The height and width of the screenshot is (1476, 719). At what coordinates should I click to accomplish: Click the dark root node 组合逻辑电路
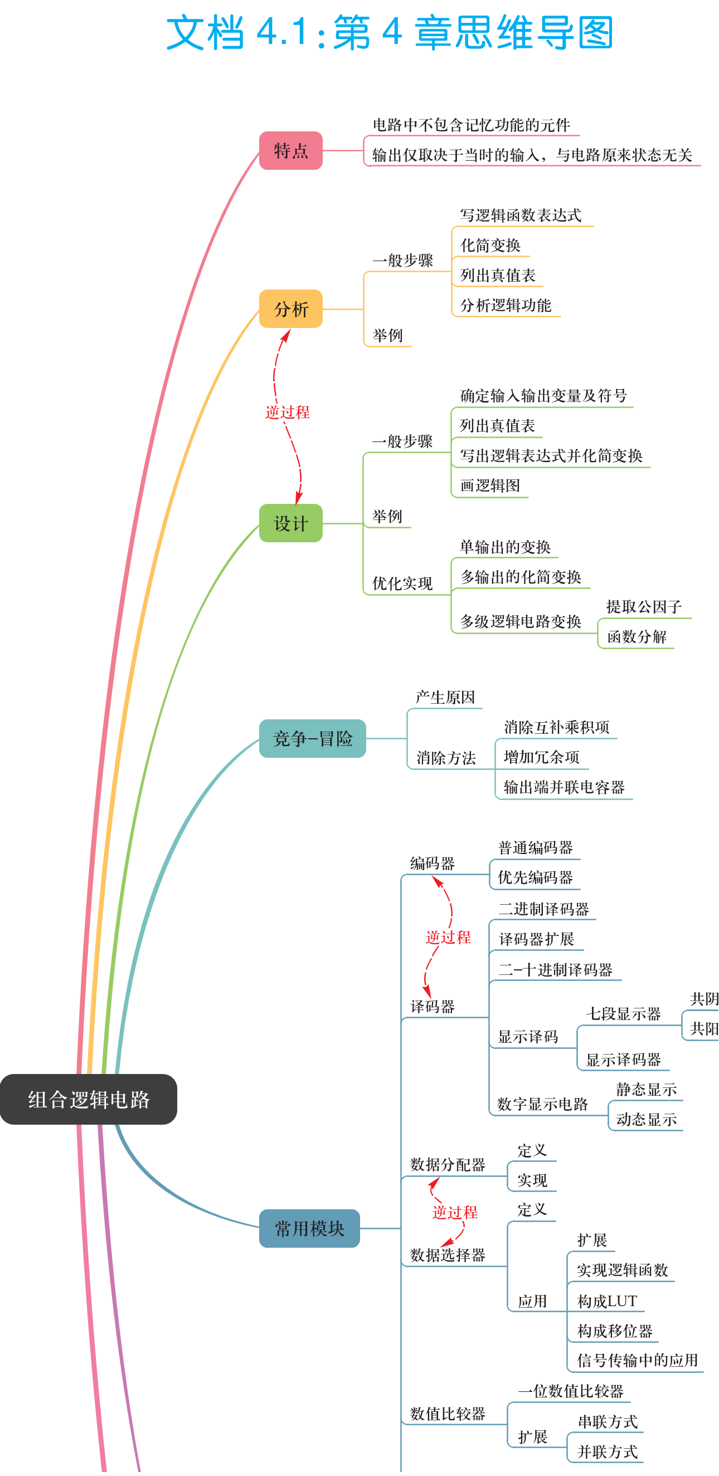coord(88,1099)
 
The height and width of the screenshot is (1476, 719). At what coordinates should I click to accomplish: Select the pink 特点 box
coord(291,151)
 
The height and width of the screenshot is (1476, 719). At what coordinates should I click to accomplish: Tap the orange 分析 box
coord(291,309)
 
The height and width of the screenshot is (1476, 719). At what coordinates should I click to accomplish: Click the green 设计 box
coord(291,523)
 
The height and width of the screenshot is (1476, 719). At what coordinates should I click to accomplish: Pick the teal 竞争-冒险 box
coord(313,739)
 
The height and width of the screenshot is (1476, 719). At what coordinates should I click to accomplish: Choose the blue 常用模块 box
coord(310,1228)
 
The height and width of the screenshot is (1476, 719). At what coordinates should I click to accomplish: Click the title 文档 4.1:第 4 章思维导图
coord(390,33)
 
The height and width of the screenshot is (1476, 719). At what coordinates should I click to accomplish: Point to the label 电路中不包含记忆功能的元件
coord(472,125)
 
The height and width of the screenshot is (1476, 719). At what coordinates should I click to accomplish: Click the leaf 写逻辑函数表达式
coord(521,215)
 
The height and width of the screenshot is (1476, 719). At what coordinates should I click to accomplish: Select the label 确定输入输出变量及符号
coord(543,396)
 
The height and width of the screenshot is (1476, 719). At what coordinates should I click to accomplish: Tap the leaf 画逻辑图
coord(490,486)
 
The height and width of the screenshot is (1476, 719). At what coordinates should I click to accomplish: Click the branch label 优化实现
coord(402,583)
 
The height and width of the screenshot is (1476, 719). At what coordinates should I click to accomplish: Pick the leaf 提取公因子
coord(644,607)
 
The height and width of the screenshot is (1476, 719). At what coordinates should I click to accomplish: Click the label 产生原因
coord(445,697)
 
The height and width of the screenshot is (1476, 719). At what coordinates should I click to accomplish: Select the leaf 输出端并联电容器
coord(564,787)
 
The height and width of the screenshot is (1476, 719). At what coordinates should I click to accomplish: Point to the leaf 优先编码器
coord(536,877)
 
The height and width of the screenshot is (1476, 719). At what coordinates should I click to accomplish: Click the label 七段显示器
coord(623,1014)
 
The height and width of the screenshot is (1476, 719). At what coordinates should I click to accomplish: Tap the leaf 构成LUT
coord(607,1301)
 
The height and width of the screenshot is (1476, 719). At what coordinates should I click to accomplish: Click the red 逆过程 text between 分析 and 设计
coord(287,412)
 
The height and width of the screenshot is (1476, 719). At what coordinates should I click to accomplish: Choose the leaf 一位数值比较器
coord(571,1391)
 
